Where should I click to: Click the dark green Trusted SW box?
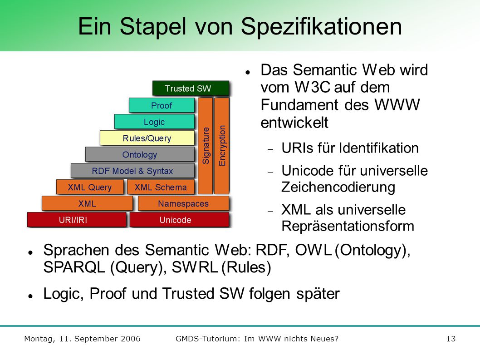(x=191, y=88)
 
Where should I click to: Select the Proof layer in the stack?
(x=162, y=105)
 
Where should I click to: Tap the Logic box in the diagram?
(x=154, y=122)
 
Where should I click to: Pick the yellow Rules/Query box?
(x=147, y=138)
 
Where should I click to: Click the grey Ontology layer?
(x=140, y=154)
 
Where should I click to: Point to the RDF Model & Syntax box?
(x=132, y=171)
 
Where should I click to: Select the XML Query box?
(x=90, y=187)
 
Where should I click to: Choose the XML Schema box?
(x=161, y=187)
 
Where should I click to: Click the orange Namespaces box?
(x=183, y=203)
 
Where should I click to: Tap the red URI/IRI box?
(x=77, y=220)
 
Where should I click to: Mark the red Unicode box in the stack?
(x=179, y=220)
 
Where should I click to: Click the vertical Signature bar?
(x=206, y=146)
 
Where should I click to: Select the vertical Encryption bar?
(x=222, y=146)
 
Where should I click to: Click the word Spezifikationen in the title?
(x=321, y=27)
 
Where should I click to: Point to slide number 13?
(x=451, y=339)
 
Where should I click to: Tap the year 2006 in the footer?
(x=130, y=339)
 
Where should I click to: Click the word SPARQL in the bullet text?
(x=74, y=267)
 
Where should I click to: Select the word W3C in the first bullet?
(x=312, y=87)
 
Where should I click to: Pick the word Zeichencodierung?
(x=338, y=187)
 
